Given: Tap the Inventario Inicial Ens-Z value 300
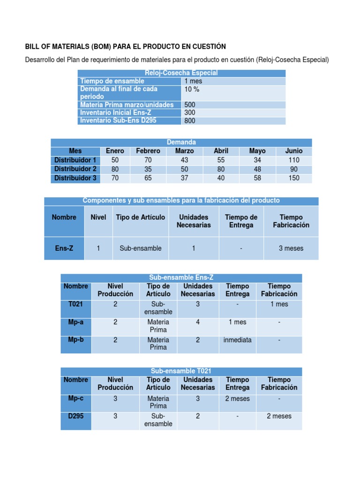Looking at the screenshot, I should point(190,112).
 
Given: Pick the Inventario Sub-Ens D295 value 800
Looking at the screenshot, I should point(190,121).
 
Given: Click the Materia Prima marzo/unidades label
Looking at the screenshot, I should point(127,105).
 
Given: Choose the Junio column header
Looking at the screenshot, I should point(294,151).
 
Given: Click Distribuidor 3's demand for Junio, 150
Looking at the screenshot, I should point(294,178).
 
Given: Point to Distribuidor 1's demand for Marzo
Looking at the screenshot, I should point(184,160).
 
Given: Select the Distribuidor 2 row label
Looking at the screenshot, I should point(75,169).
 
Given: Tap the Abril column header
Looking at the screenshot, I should point(221,151).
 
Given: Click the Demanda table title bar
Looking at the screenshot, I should point(181,142).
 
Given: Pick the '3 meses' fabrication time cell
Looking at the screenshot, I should point(291,248).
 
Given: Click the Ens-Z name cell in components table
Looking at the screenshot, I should point(64,248).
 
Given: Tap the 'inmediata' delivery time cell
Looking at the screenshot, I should point(237,340).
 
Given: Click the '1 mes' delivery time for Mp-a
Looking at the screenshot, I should point(237,322).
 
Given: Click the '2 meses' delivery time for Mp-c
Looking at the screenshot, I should point(237,398).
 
